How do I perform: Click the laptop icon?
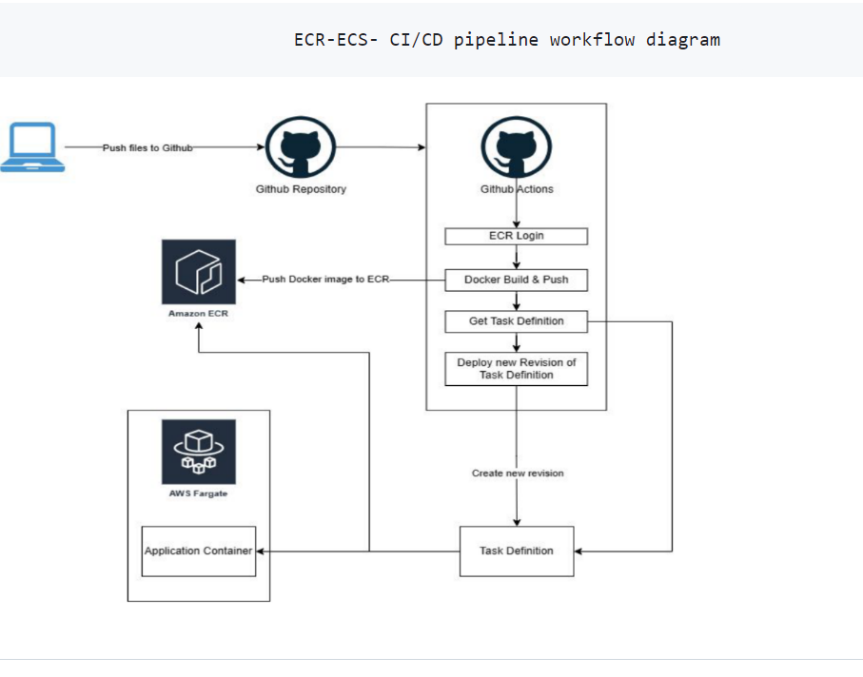(x=32, y=146)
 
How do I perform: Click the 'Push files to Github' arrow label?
(x=147, y=147)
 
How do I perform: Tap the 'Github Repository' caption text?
(x=301, y=189)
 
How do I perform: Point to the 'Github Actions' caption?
(x=516, y=189)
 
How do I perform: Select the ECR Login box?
(x=516, y=236)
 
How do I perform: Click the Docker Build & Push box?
(x=516, y=280)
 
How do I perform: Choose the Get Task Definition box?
(x=516, y=321)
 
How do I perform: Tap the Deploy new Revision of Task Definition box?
(x=516, y=369)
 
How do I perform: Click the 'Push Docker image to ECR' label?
(x=325, y=280)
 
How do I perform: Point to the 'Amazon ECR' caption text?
(x=198, y=314)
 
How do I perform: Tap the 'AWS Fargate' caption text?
(x=198, y=493)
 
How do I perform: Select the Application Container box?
(x=198, y=551)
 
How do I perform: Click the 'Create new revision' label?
(x=517, y=473)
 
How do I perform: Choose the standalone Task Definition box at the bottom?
(x=516, y=551)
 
